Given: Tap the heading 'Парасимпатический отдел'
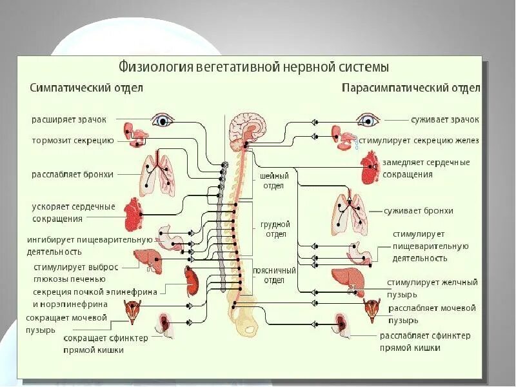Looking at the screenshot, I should [x=411, y=87].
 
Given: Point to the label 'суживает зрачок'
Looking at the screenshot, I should [x=445, y=119].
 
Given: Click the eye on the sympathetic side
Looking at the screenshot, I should [x=163, y=120].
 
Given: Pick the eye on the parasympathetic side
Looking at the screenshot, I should [x=369, y=120].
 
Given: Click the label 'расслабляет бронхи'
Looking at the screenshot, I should [x=72, y=174].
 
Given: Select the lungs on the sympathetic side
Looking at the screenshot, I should [x=159, y=174].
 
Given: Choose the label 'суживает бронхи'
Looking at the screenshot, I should [x=418, y=210].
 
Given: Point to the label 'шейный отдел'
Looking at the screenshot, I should [x=274, y=180].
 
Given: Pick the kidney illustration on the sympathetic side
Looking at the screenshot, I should [x=191, y=279].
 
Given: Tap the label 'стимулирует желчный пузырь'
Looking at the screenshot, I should [x=432, y=287].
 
